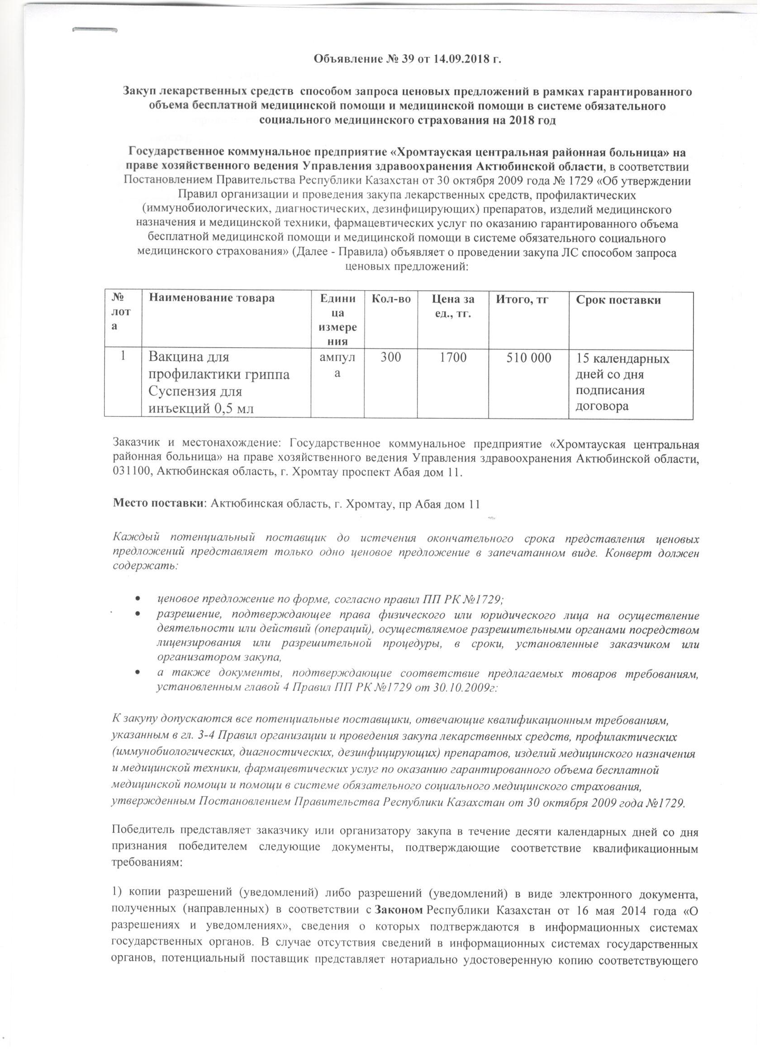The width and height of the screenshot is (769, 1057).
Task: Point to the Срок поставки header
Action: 618,300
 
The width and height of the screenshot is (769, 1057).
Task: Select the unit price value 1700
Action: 452,359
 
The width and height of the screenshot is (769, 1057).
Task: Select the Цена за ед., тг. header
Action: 452,306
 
